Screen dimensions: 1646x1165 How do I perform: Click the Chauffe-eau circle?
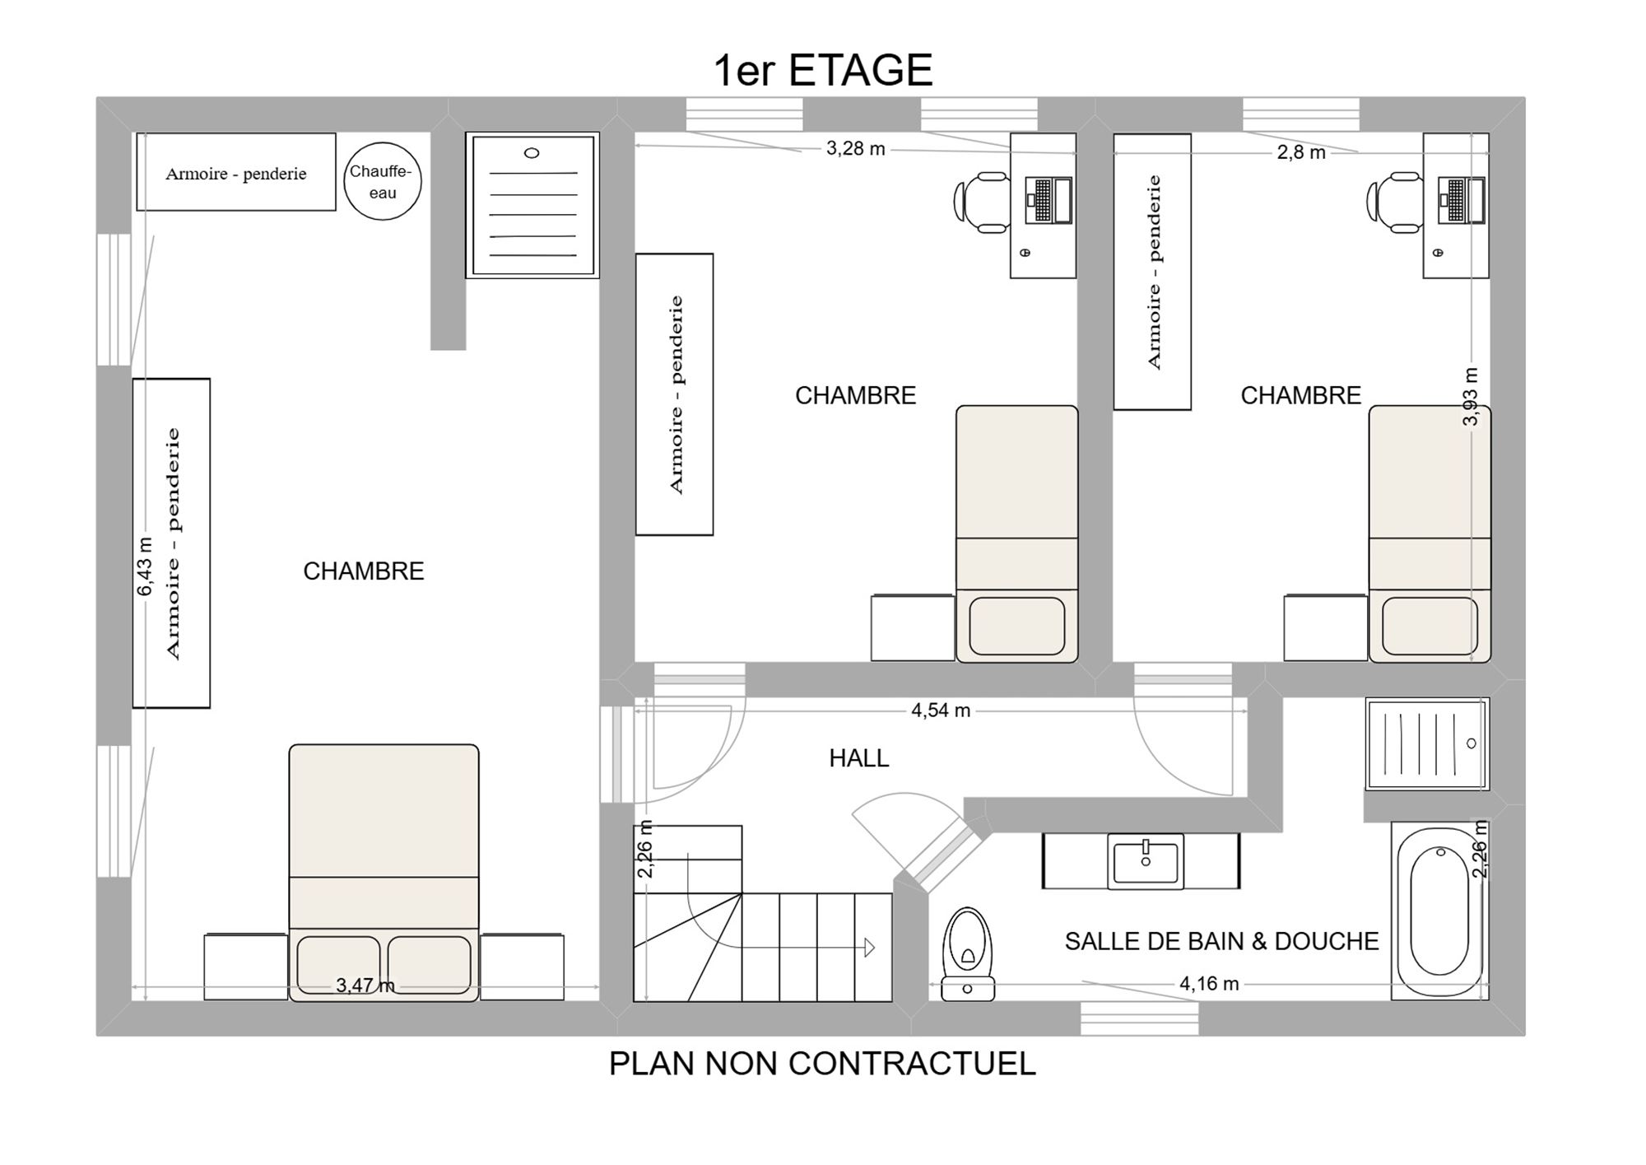tap(382, 181)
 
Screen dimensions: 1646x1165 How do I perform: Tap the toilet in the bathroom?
tap(968, 954)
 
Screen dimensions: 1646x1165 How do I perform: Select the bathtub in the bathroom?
tap(1439, 911)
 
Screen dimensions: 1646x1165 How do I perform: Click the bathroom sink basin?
tap(1146, 861)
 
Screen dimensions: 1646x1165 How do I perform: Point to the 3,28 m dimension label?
tap(856, 149)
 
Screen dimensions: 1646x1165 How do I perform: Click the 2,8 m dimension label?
tap(1301, 152)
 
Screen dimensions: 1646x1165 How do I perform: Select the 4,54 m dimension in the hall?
tap(941, 711)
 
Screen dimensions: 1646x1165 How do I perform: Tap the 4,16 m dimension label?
tap(1209, 983)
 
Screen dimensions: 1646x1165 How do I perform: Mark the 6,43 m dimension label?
tap(145, 566)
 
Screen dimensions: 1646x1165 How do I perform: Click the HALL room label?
tap(859, 758)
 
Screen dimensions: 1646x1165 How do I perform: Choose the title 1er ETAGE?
tap(823, 70)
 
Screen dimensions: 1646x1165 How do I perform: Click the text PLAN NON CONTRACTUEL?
tap(822, 1064)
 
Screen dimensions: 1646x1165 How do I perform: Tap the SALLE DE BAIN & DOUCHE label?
tap(1221, 941)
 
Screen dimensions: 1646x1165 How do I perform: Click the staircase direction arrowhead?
tap(870, 948)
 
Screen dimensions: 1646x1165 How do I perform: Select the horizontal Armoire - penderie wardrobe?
tap(236, 172)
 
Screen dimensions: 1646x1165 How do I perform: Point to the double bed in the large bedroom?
tap(384, 873)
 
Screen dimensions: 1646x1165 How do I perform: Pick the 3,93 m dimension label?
tap(1471, 397)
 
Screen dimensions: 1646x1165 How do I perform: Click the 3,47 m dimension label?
tap(365, 986)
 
